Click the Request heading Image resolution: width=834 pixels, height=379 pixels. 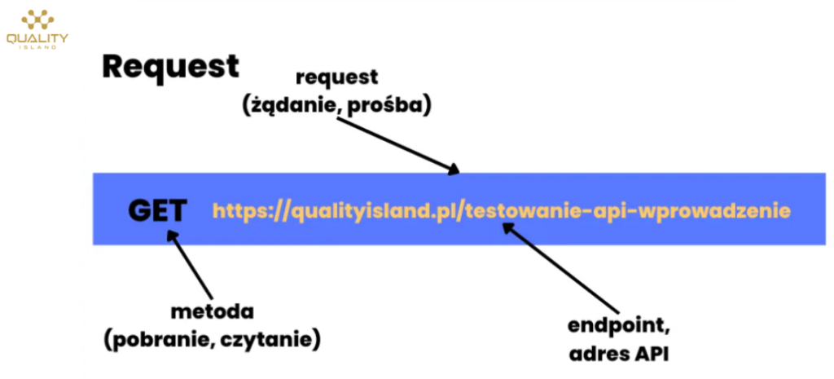point(170,67)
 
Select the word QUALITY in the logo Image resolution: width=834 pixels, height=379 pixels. point(37,38)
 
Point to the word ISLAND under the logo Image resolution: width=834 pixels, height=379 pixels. point(37,47)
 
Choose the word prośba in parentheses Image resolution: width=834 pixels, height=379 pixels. point(388,106)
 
